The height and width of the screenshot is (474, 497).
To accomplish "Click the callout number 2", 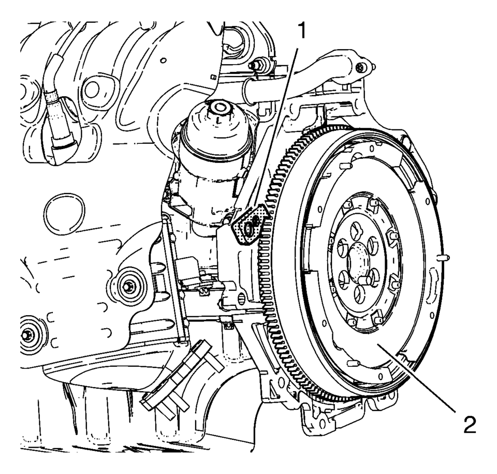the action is tap(470, 425).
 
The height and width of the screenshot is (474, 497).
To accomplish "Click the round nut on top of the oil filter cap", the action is tap(218, 108).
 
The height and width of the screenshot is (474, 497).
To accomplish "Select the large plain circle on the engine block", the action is tap(64, 215).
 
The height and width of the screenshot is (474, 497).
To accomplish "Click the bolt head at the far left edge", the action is tap(26, 335).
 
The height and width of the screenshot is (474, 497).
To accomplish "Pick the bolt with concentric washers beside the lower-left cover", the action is tap(128, 286).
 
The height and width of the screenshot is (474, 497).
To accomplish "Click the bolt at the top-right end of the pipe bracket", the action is tap(360, 67).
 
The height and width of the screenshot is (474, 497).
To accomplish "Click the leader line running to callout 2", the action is tap(416, 378).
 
